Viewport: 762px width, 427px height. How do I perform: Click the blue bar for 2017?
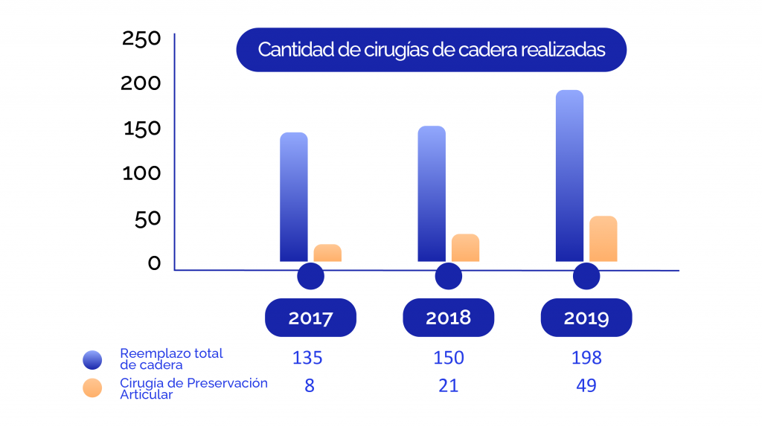[293, 197]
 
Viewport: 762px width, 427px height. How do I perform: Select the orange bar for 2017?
[327, 253]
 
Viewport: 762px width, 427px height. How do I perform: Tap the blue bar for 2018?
[432, 194]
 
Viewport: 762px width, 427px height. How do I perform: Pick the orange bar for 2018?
[465, 248]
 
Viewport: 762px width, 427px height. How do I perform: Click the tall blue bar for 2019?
[569, 176]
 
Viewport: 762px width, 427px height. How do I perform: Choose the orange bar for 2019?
[603, 239]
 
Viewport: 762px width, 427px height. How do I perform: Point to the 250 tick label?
[141, 38]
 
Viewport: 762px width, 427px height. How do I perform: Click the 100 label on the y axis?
[141, 173]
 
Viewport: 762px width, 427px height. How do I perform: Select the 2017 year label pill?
[310, 318]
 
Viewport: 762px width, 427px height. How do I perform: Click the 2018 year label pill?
[448, 318]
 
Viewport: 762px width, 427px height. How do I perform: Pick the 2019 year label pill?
[586, 318]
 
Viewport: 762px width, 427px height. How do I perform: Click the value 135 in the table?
[307, 358]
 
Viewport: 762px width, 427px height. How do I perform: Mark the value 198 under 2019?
[586, 358]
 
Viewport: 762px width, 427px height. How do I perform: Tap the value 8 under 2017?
[309, 386]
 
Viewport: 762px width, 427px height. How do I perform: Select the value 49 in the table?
[586, 386]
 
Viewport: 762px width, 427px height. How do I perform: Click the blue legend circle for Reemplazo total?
[92, 360]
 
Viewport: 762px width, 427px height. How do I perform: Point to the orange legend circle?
[92, 388]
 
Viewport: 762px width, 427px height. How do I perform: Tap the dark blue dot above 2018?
[448, 277]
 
